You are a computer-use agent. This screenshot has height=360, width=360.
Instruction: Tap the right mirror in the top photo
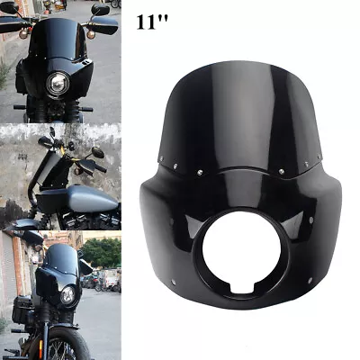[x=100, y=10]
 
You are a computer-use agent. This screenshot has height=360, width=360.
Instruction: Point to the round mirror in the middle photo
[x=96, y=151]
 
